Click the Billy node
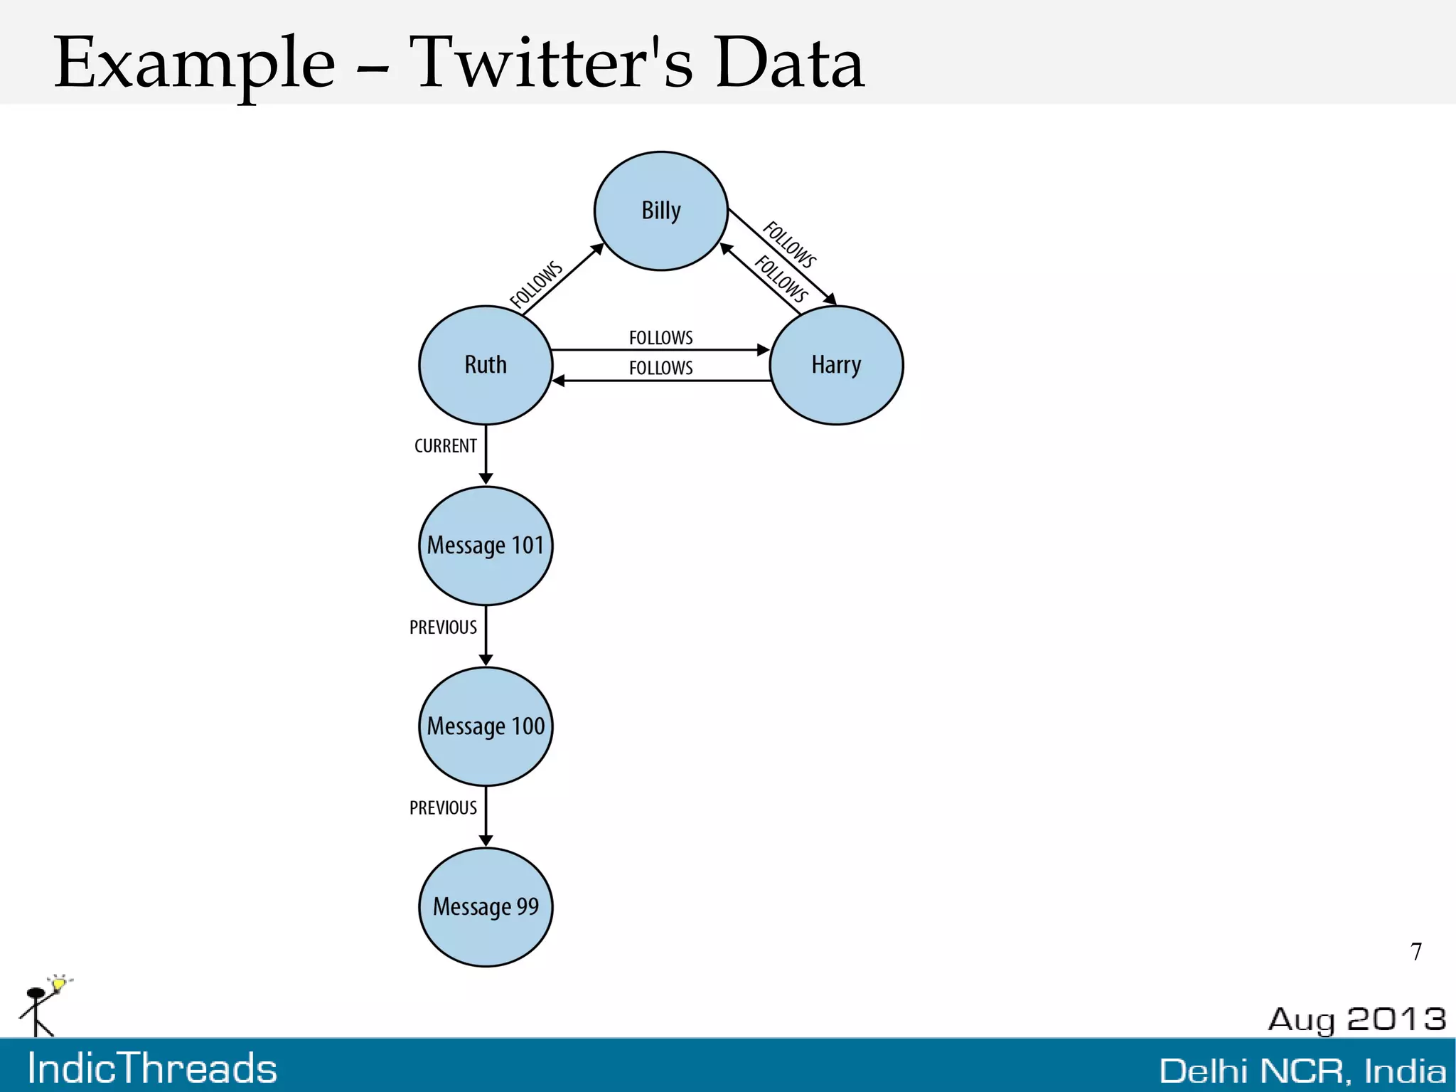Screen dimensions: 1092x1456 (x=660, y=211)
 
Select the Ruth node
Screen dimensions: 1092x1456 (x=486, y=365)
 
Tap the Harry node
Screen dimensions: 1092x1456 (x=836, y=365)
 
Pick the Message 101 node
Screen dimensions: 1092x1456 (x=486, y=546)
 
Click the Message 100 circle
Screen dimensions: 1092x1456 (x=486, y=726)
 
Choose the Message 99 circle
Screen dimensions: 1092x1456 (x=486, y=907)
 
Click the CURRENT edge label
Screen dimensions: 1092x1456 (x=445, y=446)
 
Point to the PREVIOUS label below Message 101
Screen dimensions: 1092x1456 (x=443, y=627)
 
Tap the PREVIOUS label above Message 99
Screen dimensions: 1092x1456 (x=443, y=807)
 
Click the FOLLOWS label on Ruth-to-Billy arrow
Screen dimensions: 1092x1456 (x=536, y=285)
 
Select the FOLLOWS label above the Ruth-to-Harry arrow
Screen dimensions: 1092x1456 (x=660, y=337)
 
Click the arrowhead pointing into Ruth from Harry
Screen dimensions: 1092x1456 (x=559, y=381)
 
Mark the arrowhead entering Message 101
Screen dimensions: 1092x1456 (x=486, y=479)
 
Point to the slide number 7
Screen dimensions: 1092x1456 (x=1416, y=952)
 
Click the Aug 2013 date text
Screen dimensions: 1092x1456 (x=1356, y=1019)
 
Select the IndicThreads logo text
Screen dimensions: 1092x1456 (x=152, y=1069)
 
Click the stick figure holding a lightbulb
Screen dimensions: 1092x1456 (x=43, y=1006)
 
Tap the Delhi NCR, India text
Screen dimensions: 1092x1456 (x=1302, y=1071)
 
